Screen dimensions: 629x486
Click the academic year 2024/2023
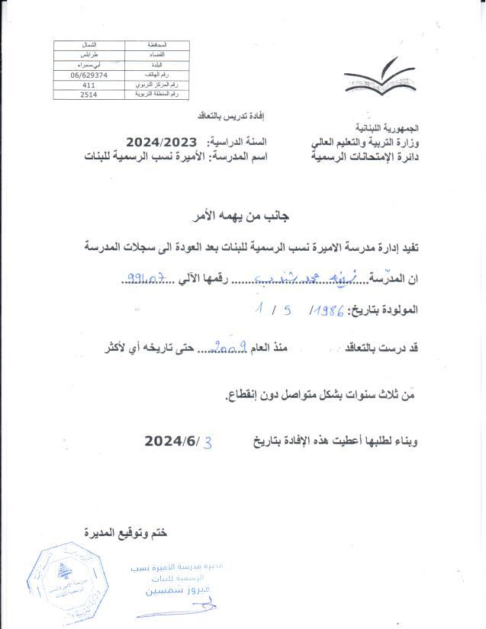tap(162, 142)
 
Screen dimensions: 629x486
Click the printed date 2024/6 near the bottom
tap(169, 441)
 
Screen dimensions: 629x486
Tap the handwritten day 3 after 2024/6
tap(204, 441)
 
